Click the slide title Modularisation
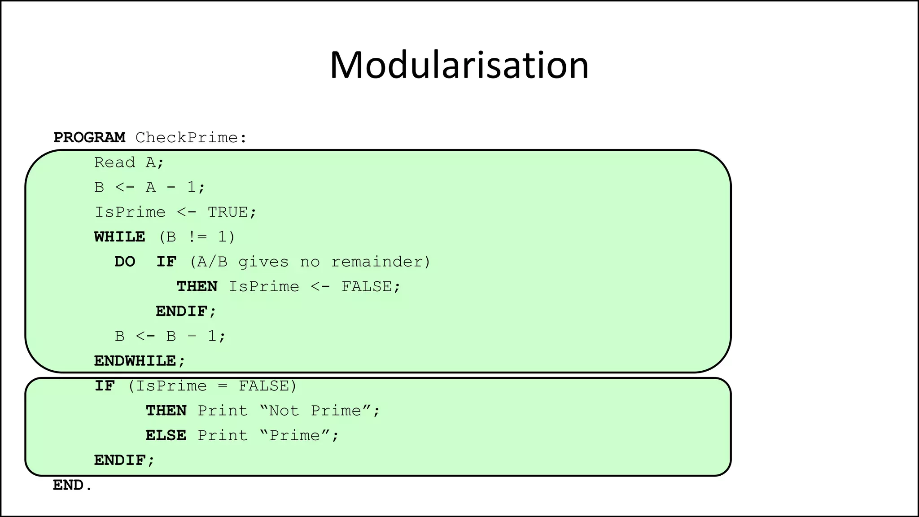[459, 66]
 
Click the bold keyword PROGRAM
[89, 137]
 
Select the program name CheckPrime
[186, 137]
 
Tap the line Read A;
[129, 162]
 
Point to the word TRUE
[228, 212]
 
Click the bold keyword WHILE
[119, 237]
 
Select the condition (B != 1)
[197, 237]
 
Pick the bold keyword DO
[125, 262]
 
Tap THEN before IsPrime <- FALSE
[197, 286]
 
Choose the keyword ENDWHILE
[135, 361]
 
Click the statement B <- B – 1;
[170, 336]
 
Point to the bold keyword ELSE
[166, 435]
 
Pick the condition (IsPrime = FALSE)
[212, 386]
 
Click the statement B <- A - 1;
[150, 187]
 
